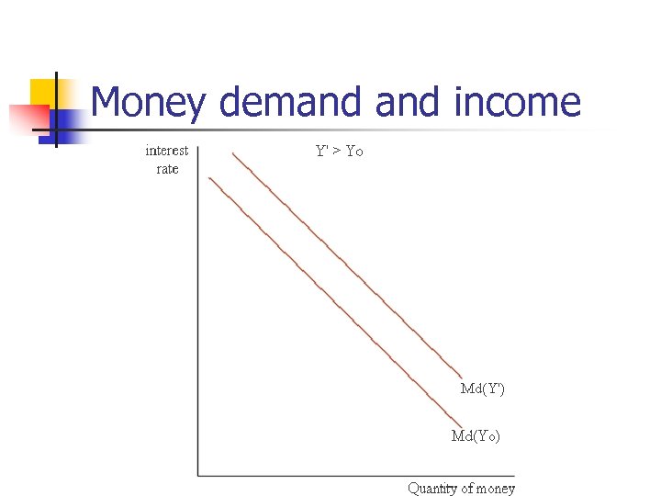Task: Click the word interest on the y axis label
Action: click(167, 151)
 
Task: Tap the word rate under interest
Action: click(167, 169)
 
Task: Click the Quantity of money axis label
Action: click(461, 489)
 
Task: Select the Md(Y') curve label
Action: click(482, 389)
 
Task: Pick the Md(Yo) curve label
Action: click(476, 436)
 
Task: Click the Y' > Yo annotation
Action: click(340, 151)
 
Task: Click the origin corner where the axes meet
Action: click(198, 474)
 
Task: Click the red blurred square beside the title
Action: click(28, 118)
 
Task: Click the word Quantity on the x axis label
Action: click(432, 489)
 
